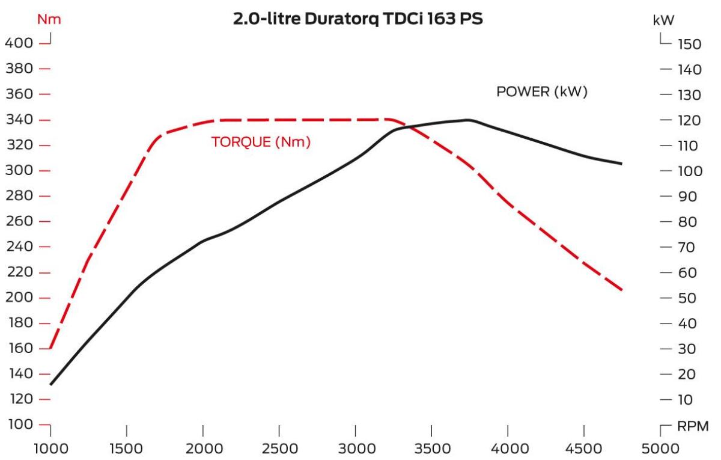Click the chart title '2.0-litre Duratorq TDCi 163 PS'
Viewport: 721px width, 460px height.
[x=358, y=19]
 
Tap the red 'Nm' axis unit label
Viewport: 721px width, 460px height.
[x=49, y=19]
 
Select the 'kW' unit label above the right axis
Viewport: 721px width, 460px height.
[x=663, y=20]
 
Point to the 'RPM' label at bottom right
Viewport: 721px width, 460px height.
[x=693, y=426]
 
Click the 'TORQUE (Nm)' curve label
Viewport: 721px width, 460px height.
[x=261, y=142]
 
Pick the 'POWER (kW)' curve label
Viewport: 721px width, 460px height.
[x=542, y=91]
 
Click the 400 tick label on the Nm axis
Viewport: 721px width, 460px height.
[x=19, y=43]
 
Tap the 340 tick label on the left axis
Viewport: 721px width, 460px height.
[x=20, y=120]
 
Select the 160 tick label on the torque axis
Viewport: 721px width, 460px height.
[x=21, y=348]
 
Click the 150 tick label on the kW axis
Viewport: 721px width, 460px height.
[x=690, y=44]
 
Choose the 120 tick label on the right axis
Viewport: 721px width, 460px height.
[x=690, y=120]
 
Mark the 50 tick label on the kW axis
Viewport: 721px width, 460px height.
[x=687, y=298]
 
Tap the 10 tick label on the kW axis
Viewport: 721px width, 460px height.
[x=686, y=400]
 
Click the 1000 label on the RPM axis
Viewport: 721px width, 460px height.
[x=51, y=449]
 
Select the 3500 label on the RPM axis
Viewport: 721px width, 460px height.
[x=432, y=449]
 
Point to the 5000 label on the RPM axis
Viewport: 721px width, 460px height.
[x=660, y=449]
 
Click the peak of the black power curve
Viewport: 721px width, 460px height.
[x=468, y=120]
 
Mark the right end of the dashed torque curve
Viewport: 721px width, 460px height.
[x=621, y=290]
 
